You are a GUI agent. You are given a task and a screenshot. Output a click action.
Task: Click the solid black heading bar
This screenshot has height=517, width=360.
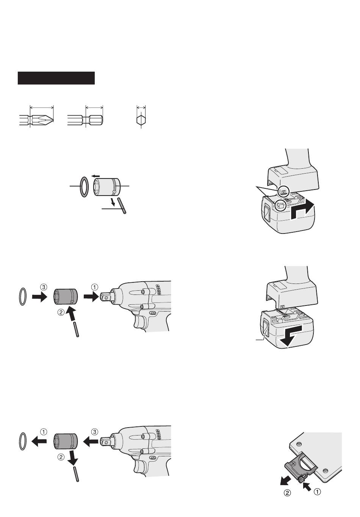coord(56,78)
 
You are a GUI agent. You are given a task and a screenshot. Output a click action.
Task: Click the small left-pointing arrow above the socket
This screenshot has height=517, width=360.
coord(95,176)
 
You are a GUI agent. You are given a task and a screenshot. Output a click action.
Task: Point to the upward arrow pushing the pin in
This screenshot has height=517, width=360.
coord(71,315)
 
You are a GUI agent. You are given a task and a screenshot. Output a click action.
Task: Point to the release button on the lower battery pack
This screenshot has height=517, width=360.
coord(265,326)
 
